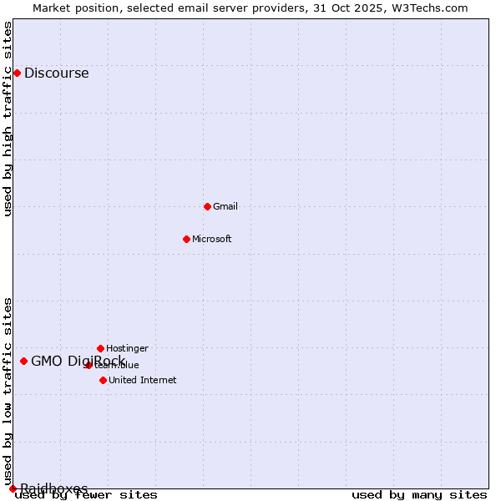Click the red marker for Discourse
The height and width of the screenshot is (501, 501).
click(x=17, y=73)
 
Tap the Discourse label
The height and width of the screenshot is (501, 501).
click(x=56, y=73)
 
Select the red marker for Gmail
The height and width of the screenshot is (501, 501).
click(x=207, y=206)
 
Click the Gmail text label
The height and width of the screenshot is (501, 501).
click(x=225, y=206)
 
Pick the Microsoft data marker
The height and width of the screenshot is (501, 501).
click(x=186, y=239)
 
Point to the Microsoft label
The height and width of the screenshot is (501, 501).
click(x=211, y=239)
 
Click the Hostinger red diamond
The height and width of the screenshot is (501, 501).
click(x=100, y=348)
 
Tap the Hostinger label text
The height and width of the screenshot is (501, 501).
click(x=127, y=348)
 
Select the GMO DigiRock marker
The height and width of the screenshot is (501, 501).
click(x=23, y=361)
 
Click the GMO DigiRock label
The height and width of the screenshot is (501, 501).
click(x=78, y=361)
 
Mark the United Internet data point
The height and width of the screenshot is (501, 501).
click(x=103, y=380)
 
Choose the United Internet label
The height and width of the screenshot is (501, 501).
click(x=142, y=380)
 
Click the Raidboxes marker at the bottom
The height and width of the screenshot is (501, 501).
click(x=13, y=488)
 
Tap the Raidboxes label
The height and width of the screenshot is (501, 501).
click(x=53, y=488)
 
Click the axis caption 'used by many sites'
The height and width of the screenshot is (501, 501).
click(x=419, y=495)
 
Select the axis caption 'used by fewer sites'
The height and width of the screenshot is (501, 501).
click(x=86, y=495)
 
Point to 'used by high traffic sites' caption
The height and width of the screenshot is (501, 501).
click(x=8, y=119)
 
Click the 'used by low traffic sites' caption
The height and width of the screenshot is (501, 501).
click(x=8, y=392)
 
